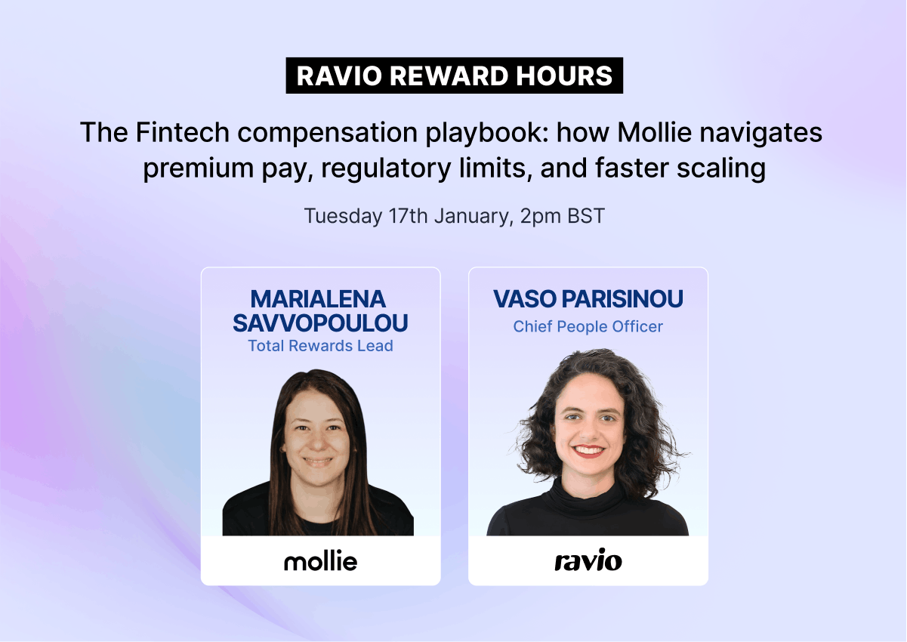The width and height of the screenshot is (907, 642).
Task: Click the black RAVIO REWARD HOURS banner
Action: pos(455,76)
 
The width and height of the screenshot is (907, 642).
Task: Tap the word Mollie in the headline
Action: pos(654,132)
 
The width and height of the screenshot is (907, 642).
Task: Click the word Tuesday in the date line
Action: pos(343,216)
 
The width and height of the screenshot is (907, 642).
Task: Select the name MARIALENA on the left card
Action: pos(318,299)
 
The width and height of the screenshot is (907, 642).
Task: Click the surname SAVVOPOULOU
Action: pos(320,323)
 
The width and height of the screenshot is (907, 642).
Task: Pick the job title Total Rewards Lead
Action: pos(320,346)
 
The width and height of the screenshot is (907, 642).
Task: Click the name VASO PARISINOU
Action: pos(588,299)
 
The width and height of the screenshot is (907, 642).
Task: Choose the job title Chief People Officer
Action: pos(588,326)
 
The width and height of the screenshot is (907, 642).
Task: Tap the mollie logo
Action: pos(321,561)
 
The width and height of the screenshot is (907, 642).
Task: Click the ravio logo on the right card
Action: pos(588,560)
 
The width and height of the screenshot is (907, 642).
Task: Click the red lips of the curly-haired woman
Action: pos(589,451)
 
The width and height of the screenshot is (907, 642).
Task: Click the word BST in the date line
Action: pos(586,216)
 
